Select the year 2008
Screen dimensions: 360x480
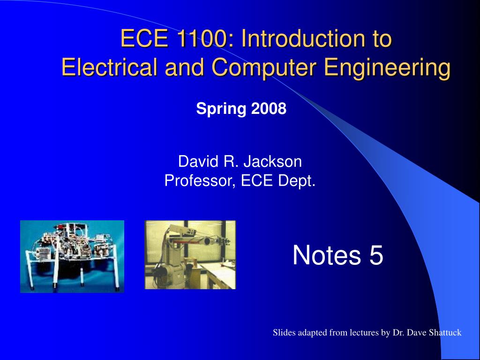(268, 109)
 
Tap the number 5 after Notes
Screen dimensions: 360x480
(376, 256)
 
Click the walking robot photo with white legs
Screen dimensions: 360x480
(72, 256)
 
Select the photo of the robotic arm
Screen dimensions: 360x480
(190, 255)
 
